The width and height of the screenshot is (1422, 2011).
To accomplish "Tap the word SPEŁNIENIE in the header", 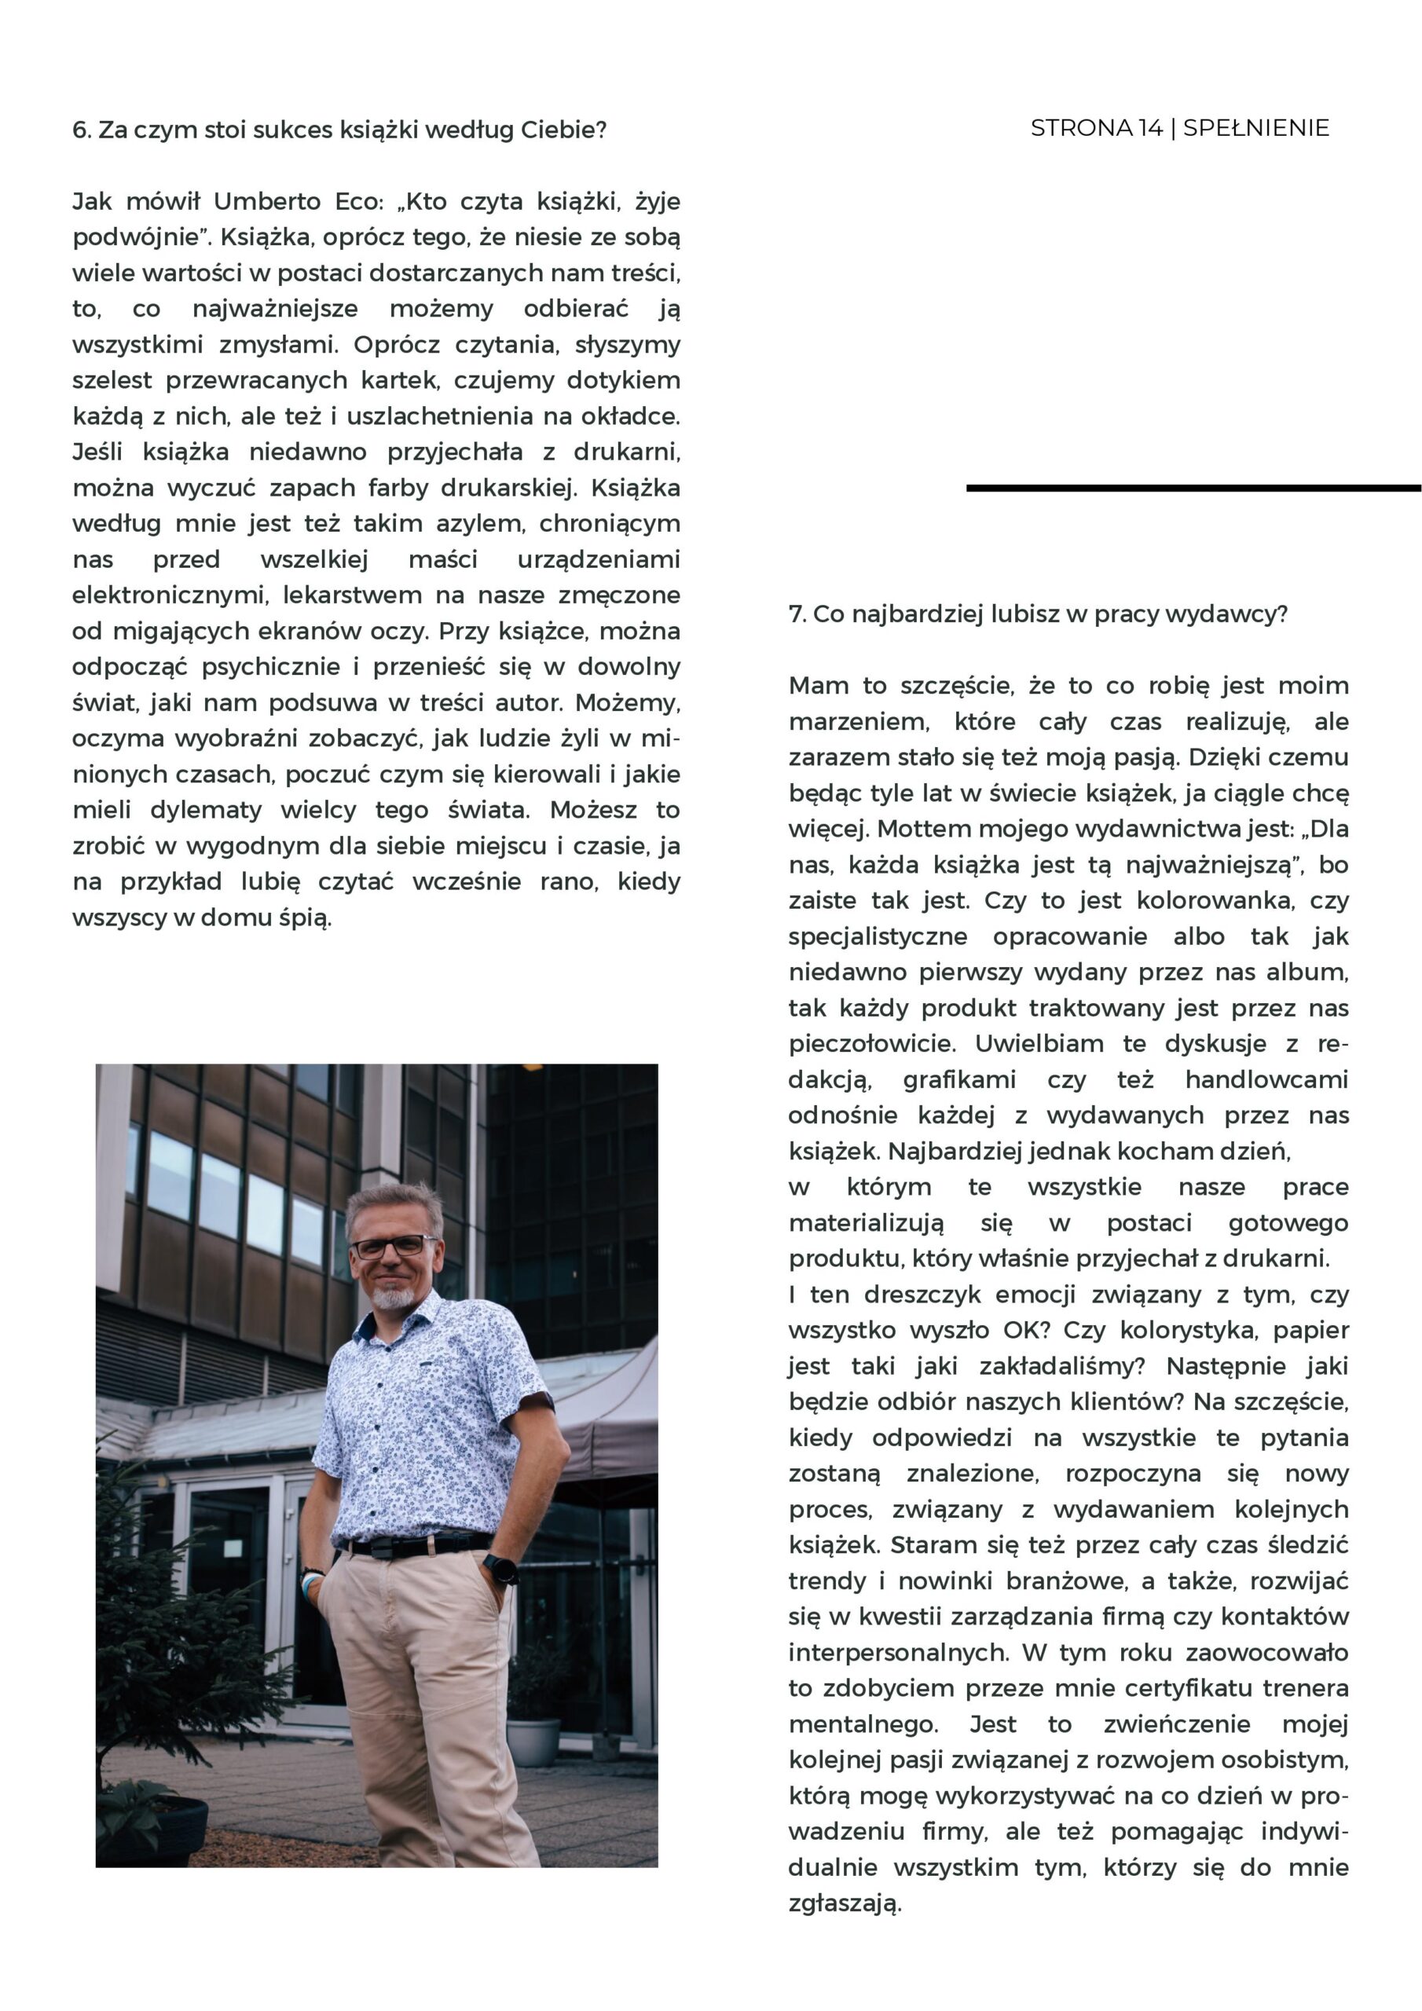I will (1255, 128).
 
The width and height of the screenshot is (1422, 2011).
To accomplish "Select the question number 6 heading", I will (339, 130).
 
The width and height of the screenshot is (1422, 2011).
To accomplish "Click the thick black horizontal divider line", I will (1193, 488).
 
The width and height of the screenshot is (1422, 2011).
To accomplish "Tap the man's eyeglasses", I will (393, 1246).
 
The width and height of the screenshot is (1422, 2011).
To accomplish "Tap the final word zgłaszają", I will (845, 1903).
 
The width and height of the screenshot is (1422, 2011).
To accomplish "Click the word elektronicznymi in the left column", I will (169, 595).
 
